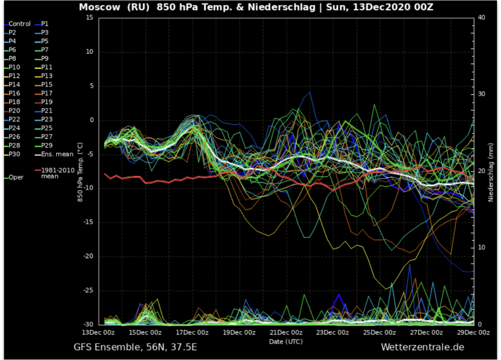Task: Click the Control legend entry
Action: click(x=19, y=23)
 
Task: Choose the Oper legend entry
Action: click(x=16, y=178)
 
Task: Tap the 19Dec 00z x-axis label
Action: click(x=239, y=332)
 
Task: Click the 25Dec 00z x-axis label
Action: click(x=380, y=332)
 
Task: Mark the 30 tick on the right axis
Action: click(x=481, y=94)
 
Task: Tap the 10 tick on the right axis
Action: click(x=481, y=247)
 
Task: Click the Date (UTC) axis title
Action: click(x=286, y=341)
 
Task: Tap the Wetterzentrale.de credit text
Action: click(x=423, y=347)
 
